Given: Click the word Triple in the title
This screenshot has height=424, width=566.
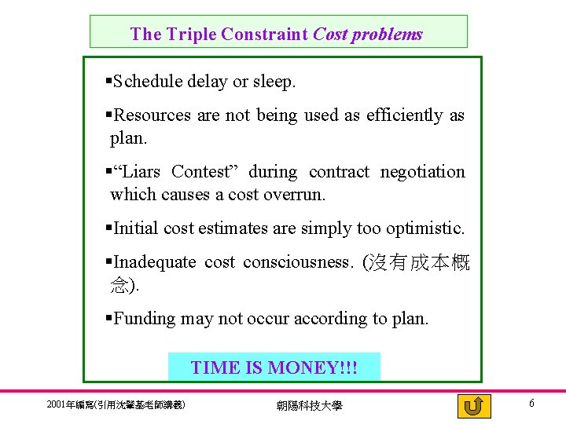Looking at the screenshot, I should click(x=190, y=35).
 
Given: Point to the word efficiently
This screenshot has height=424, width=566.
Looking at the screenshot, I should click(x=405, y=115).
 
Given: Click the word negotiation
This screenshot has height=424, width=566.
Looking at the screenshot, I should click(x=423, y=172).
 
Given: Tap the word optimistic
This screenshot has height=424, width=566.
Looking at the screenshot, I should click(x=424, y=228).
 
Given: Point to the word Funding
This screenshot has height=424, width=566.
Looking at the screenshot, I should click(x=145, y=319).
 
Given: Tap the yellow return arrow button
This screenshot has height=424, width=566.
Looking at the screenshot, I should click(x=473, y=405).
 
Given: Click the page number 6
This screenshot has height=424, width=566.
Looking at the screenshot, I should click(x=532, y=404).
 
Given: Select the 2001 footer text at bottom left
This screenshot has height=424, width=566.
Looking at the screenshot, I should click(x=116, y=405).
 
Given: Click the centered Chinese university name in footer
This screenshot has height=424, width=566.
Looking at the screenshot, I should click(x=309, y=405).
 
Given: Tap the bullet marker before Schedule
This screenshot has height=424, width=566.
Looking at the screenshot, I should click(x=108, y=81).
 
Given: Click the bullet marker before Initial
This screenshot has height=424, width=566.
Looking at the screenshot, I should click(x=108, y=228).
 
